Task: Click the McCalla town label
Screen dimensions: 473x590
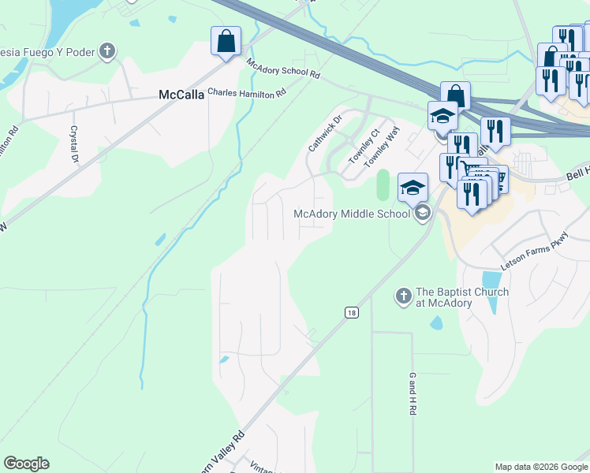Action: [x=181, y=95]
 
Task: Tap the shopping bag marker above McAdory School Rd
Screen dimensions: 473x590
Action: [x=226, y=41]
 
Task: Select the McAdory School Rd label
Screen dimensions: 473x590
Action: [x=283, y=69]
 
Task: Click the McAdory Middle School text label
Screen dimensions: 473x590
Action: [x=352, y=214]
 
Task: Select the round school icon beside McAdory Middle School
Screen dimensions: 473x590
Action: [x=423, y=213]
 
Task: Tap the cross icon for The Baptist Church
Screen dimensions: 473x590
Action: [x=403, y=296]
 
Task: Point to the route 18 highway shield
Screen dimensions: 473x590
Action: [x=351, y=313]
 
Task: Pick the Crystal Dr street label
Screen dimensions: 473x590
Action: [x=75, y=144]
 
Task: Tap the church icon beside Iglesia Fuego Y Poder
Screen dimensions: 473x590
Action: [x=107, y=52]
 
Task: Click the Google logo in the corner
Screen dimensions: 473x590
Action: [x=26, y=464]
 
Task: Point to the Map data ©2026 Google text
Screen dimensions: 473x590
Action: [x=540, y=467]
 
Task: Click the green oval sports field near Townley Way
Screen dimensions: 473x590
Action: [x=384, y=186]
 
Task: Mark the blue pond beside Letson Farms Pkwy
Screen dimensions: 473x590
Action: [x=490, y=281]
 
